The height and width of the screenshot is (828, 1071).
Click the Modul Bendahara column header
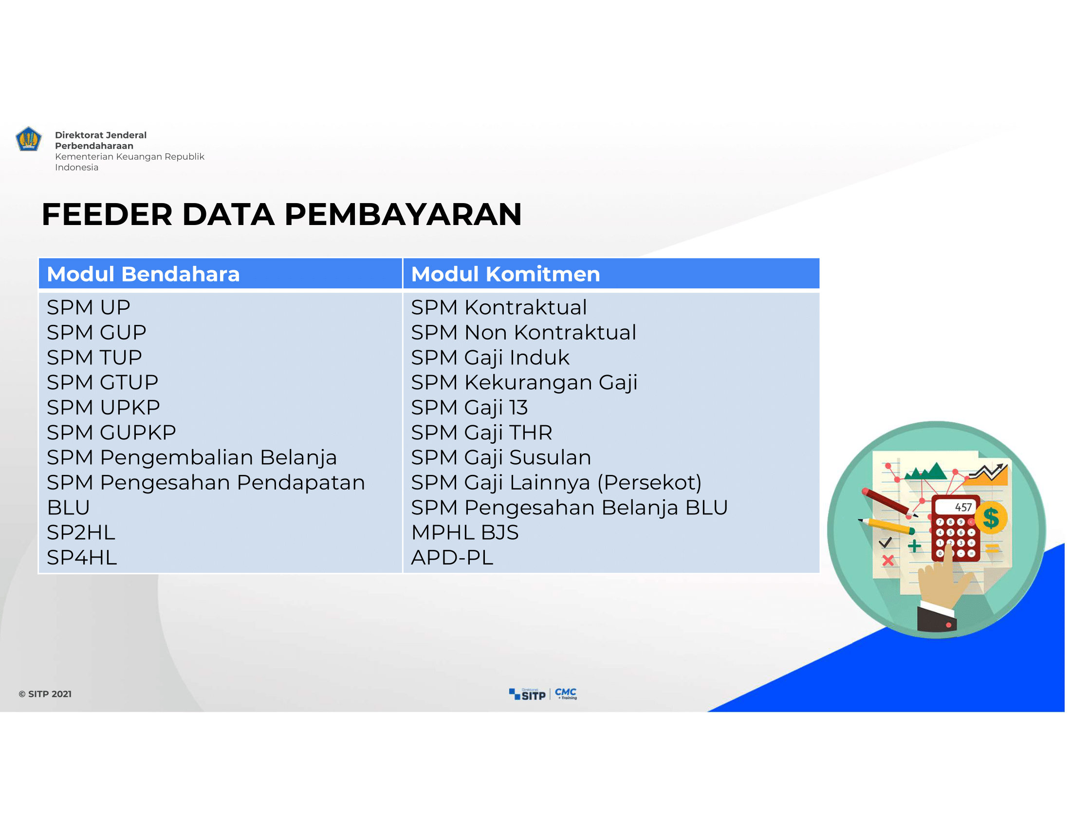(x=143, y=274)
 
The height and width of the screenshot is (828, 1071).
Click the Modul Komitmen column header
(x=505, y=274)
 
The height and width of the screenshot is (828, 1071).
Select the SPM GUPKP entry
(x=111, y=432)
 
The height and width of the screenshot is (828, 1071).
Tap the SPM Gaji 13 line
(x=469, y=408)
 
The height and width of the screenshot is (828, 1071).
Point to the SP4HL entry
(x=82, y=557)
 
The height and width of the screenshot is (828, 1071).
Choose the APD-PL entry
(x=452, y=557)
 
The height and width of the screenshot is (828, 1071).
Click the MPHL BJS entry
(x=465, y=532)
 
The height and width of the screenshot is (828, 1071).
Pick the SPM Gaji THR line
(x=481, y=433)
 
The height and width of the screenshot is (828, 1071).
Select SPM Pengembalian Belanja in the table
(x=192, y=458)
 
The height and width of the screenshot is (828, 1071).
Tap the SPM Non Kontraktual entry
(x=523, y=332)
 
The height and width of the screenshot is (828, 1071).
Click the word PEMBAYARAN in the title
(x=403, y=214)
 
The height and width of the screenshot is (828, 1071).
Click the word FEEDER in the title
(x=107, y=214)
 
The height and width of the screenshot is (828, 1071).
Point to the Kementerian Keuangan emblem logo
(x=28, y=139)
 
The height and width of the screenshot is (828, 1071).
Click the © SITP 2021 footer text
(x=45, y=694)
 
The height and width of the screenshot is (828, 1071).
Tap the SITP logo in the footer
(x=527, y=694)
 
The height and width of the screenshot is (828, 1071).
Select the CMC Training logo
(x=566, y=693)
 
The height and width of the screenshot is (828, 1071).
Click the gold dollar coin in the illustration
(x=991, y=517)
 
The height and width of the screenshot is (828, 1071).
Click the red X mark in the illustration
(x=887, y=560)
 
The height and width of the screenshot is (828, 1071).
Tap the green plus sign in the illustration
(x=914, y=546)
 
